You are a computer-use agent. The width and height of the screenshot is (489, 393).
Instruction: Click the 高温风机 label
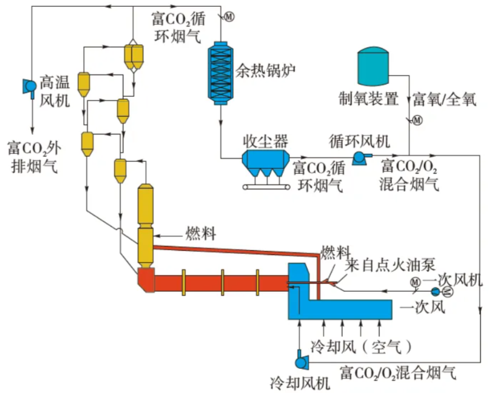[x=55, y=90]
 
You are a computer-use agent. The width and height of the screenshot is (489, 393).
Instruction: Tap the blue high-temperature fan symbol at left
[x=29, y=86]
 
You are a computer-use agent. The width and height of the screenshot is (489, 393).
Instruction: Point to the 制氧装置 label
[x=368, y=99]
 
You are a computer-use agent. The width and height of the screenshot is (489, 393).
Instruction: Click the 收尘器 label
[x=266, y=140]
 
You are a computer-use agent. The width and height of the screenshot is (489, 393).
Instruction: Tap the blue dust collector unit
[x=266, y=163]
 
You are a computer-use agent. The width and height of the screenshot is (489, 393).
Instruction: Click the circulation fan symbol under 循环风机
[x=359, y=158]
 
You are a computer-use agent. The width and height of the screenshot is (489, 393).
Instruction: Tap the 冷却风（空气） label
[x=361, y=345]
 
